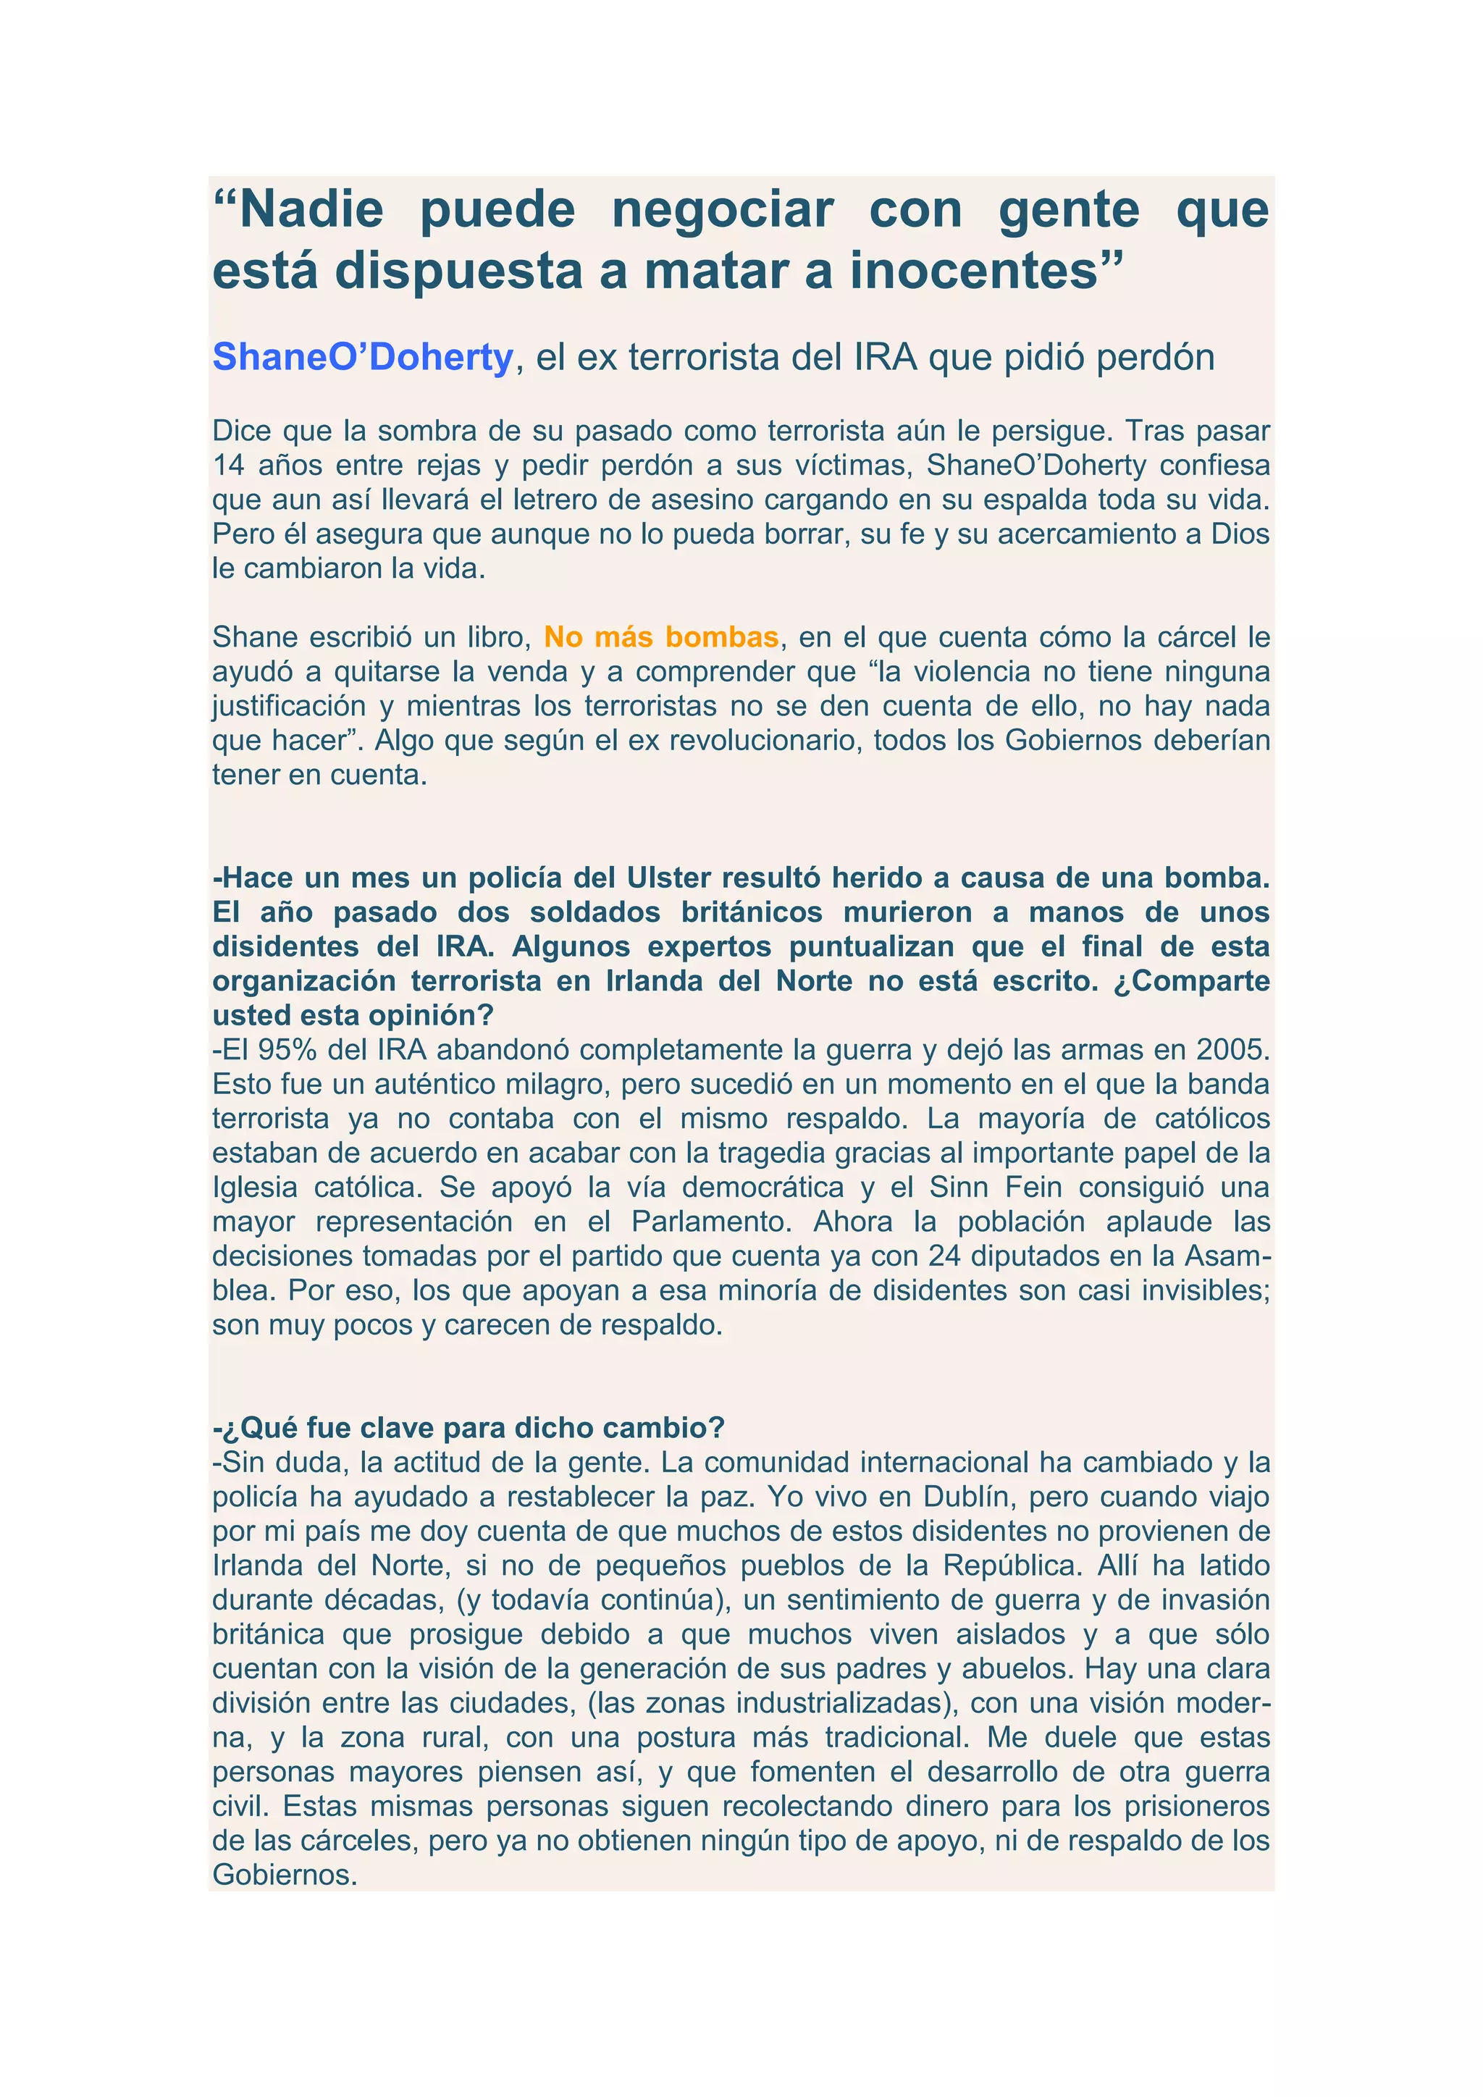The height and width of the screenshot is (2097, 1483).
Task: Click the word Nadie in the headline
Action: pos(311,210)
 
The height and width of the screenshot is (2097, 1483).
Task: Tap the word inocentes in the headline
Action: pos(973,272)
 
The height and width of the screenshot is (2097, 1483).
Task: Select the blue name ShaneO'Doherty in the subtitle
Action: pos(363,357)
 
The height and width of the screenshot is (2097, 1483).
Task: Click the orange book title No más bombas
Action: pos(661,636)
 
